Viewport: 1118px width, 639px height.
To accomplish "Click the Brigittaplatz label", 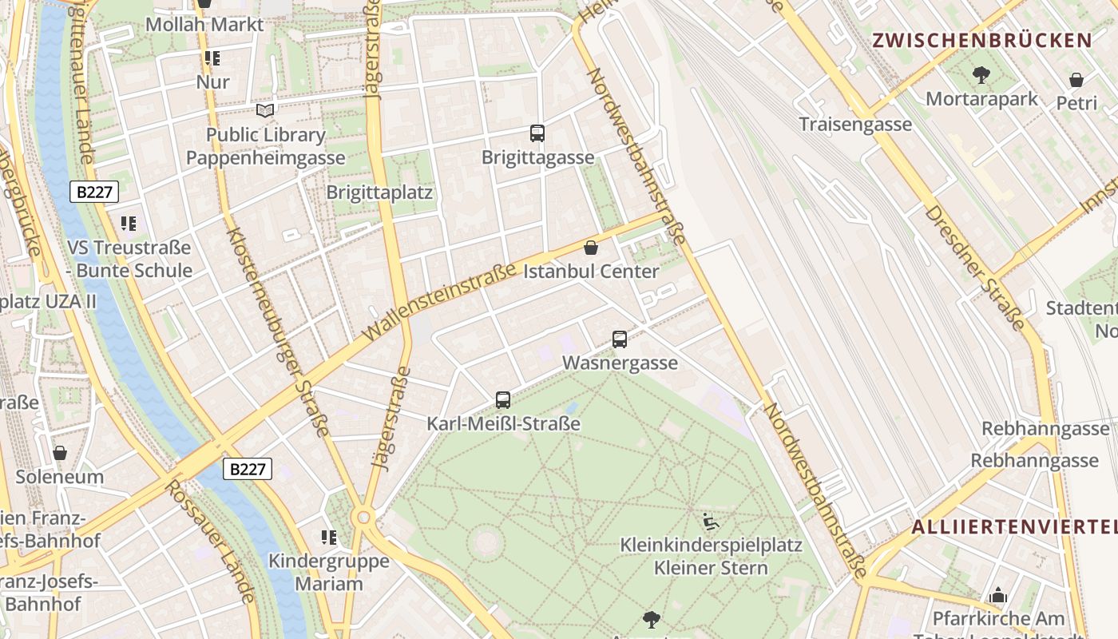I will (x=379, y=192).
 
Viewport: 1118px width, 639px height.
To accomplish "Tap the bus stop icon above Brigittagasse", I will (x=537, y=133).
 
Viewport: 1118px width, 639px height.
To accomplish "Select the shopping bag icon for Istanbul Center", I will (x=591, y=248).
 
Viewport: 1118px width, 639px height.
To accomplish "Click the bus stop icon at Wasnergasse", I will (x=620, y=339).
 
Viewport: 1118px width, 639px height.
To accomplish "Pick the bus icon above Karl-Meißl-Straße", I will (x=503, y=400).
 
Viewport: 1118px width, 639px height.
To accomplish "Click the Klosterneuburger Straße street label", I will (x=277, y=331).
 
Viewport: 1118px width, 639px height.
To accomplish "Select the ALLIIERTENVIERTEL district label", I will (x=1014, y=526).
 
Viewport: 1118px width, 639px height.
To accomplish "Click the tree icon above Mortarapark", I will (x=981, y=75).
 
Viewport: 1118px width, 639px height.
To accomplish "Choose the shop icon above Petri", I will (x=1076, y=80).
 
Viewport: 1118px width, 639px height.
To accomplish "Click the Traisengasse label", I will (x=855, y=124).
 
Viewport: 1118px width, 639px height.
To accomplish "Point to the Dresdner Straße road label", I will (x=974, y=268).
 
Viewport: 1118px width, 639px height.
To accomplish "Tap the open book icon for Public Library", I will (x=265, y=110).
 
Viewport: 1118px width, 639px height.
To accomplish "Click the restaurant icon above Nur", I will (x=212, y=58).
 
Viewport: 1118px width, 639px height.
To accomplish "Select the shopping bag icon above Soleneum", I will (x=60, y=454).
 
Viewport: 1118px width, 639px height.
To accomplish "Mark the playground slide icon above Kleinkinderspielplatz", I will (x=711, y=522).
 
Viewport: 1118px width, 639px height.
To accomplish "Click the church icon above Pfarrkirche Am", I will (x=997, y=595).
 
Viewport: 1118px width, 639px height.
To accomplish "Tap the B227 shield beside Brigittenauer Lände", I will (x=94, y=192).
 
